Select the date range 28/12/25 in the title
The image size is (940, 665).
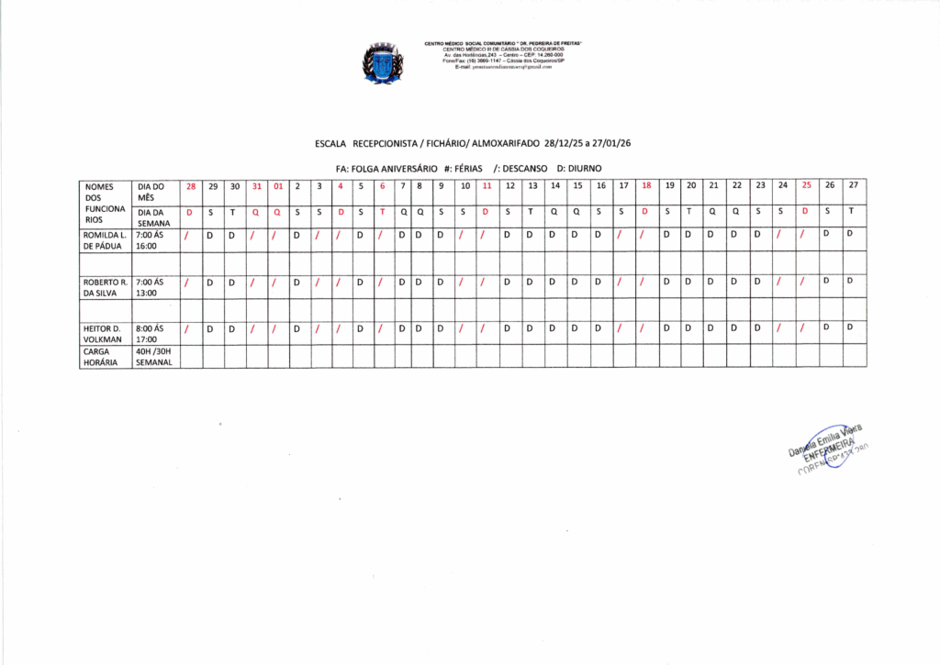(x=565, y=144)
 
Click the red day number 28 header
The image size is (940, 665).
(x=191, y=186)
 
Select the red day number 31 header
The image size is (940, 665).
(x=257, y=186)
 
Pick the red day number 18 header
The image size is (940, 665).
(x=646, y=186)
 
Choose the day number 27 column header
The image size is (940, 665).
(x=854, y=186)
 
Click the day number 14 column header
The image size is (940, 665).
(x=554, y=186)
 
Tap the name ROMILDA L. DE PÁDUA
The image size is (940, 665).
(x=104, y=240)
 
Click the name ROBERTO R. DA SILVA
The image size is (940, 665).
(x=104, y=287)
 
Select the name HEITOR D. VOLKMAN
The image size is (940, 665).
(x=104, y=333)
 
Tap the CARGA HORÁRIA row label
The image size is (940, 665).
(x=104, y=356)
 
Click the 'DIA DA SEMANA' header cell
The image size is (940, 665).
(x=154, y=216)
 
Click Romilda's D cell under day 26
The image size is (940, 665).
(x=828, y=234)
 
